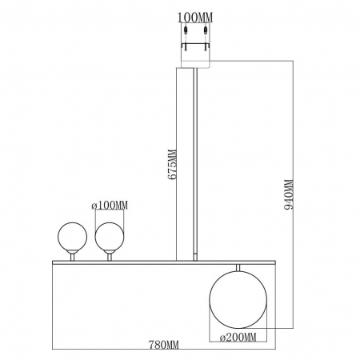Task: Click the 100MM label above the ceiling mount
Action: [195, 14]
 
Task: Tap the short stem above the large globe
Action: [237, 268]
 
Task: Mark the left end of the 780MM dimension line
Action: [54, 350]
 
